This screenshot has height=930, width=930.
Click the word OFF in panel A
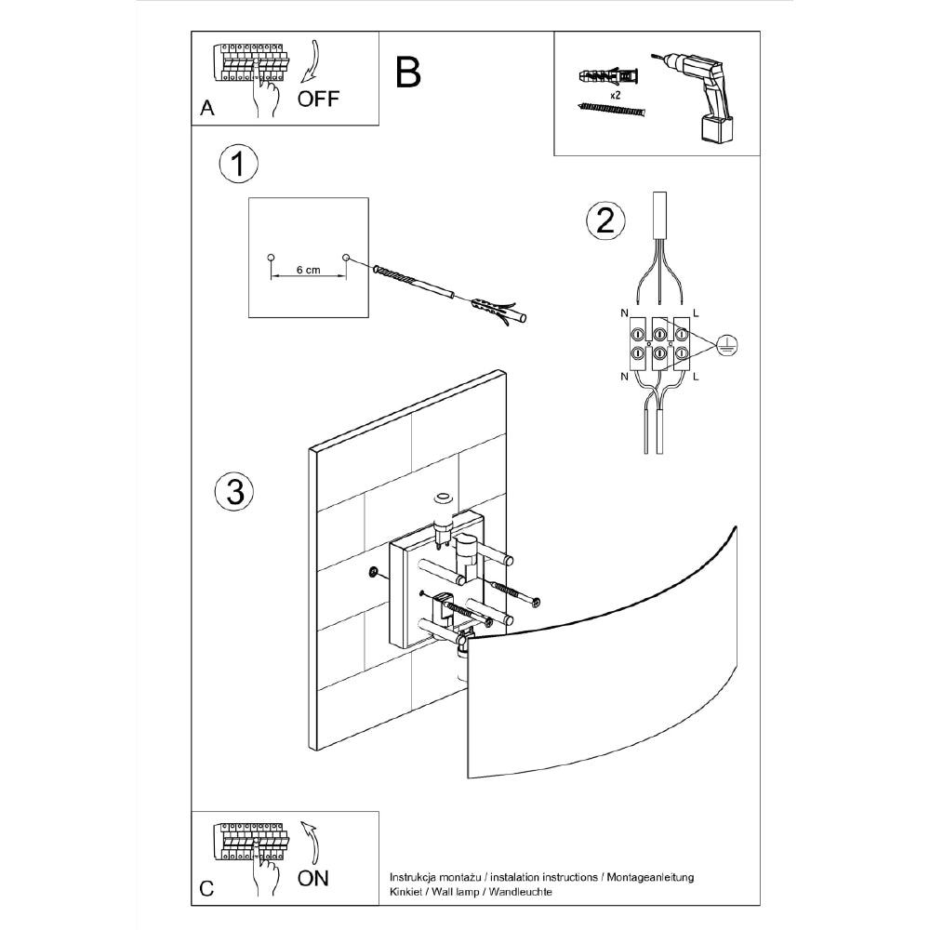click(318, 99)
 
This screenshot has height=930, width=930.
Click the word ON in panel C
click(313, 878)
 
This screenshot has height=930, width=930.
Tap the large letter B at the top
click(407, 72)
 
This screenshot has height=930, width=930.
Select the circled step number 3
click(234, 492)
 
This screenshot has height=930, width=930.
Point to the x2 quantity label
click(616, 96)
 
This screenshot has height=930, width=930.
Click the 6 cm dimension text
click(308, 270)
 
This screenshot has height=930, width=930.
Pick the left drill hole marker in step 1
click(271, 257)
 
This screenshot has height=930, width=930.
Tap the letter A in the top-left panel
click(207, 108)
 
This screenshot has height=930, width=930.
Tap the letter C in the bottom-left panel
click(206, 889)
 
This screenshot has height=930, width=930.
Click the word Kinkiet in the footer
click(406, 892)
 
